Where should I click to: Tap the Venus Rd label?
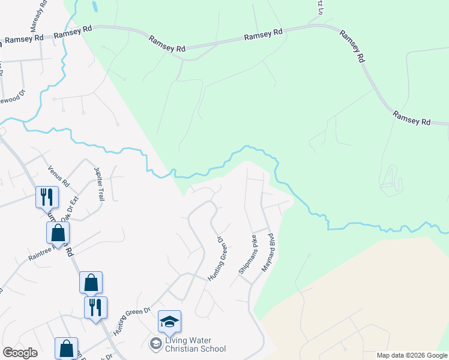pos(59,176)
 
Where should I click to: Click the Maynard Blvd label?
pos(268,252)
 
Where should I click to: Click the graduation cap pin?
pos(169,322)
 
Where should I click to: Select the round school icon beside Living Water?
pos(155,343)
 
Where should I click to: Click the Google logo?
pos(20,353)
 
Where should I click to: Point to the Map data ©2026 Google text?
pos(412,355)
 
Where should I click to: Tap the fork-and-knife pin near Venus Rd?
pos(46,196)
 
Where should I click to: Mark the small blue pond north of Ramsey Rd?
pos(95,7)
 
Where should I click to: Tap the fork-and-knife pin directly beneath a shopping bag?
pos(95,307)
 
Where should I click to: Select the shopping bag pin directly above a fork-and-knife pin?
pos(91,282)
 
